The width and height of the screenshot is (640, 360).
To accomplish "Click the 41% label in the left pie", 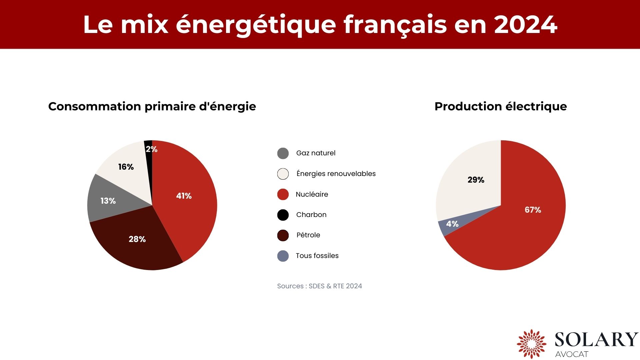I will tap(184, 196).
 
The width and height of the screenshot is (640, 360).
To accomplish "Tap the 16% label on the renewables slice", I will tap(126, 167).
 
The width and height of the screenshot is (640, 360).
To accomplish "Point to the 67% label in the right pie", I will tap(533, 210).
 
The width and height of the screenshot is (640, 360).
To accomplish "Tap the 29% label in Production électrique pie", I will tap(476, 180).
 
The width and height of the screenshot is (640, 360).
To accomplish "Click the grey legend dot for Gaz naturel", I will tap(283, 153).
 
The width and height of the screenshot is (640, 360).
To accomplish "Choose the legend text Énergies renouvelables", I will tap(336, 174).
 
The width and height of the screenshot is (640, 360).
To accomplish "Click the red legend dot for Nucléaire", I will tap(283, 194).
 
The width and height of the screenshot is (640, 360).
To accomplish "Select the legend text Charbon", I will tap(311, 215).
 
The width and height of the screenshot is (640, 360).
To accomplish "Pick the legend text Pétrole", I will tap(308, 235).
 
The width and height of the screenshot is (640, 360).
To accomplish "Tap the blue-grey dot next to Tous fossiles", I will tap(283, 256).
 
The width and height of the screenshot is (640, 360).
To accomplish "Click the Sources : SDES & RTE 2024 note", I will tap(319, 286).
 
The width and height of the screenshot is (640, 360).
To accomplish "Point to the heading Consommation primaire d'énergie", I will tap(152, 106).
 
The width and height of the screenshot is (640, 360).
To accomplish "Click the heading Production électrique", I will tap(500, 106).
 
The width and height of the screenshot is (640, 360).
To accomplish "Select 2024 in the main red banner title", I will tap(525, 25).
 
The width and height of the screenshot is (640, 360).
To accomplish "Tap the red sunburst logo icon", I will tap(531, 344).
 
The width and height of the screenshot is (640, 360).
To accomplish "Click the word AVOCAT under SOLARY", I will tap(571, 354).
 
